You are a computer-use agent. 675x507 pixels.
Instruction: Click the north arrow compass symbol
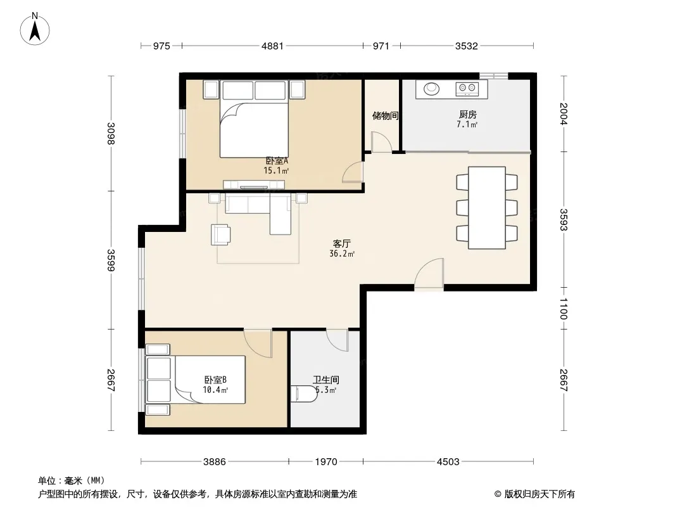pyautogui.click(x=35, y=29)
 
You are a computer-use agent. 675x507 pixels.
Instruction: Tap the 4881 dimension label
pyautogui.click(x=272, y=46)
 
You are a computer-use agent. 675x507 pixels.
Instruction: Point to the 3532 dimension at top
pyautogui.click(x=467, y=46)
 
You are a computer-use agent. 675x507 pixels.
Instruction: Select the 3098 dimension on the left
pyautogui.click(x=111, y=134)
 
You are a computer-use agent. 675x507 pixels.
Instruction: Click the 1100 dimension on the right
pyautogui.click(x=564, y=309)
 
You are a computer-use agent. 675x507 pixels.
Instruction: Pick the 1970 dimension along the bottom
pyautogui.click(x=326, y=462)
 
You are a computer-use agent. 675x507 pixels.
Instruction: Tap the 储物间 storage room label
pyautogui.click(x=385, y=115)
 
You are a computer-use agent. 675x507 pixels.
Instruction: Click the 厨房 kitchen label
pyautogui.click(x=467, y=114)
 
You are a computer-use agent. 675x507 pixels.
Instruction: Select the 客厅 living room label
pyautogui.click(x=342, y=243)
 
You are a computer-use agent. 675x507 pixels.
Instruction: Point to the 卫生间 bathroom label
pyautogui.click(x=326, y=380)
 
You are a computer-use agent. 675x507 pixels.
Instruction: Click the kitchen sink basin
pyautogui.click(x=431, y=89)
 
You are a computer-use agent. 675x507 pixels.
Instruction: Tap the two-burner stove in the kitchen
pyautogui.click(x=467, y=89)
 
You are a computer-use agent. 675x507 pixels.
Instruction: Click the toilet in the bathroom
pyautogui.click(x=303, y=394)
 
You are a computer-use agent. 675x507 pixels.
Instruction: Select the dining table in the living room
pyautogui.click(x=487, y=208)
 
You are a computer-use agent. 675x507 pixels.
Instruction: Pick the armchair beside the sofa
pyautogui.click(x=220, y=234)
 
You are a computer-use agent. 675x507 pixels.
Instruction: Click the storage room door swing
pyautogui.click(x=381, y=142)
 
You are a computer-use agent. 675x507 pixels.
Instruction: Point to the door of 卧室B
pyautogui.click(x=258, y=343)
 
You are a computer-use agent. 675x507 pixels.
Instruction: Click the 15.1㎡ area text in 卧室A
pyautogui.click(x=276, y=170)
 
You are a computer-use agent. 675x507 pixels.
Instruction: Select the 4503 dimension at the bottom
pyautogui.click(x=448, y=462)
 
